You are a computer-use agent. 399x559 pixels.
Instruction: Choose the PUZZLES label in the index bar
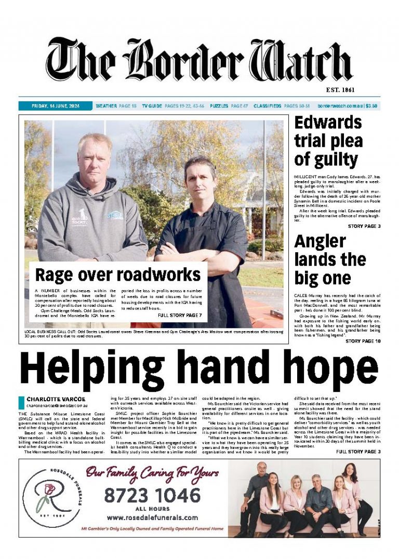click(x=219, y=106)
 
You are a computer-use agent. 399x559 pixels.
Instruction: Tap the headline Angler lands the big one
click(x=330, y=259)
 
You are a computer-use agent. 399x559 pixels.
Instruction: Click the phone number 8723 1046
click(x=152, y=496)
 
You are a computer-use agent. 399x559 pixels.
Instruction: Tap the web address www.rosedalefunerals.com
click(x=152, y=517)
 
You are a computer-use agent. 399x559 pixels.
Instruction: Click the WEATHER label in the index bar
click(x=107, y=106)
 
